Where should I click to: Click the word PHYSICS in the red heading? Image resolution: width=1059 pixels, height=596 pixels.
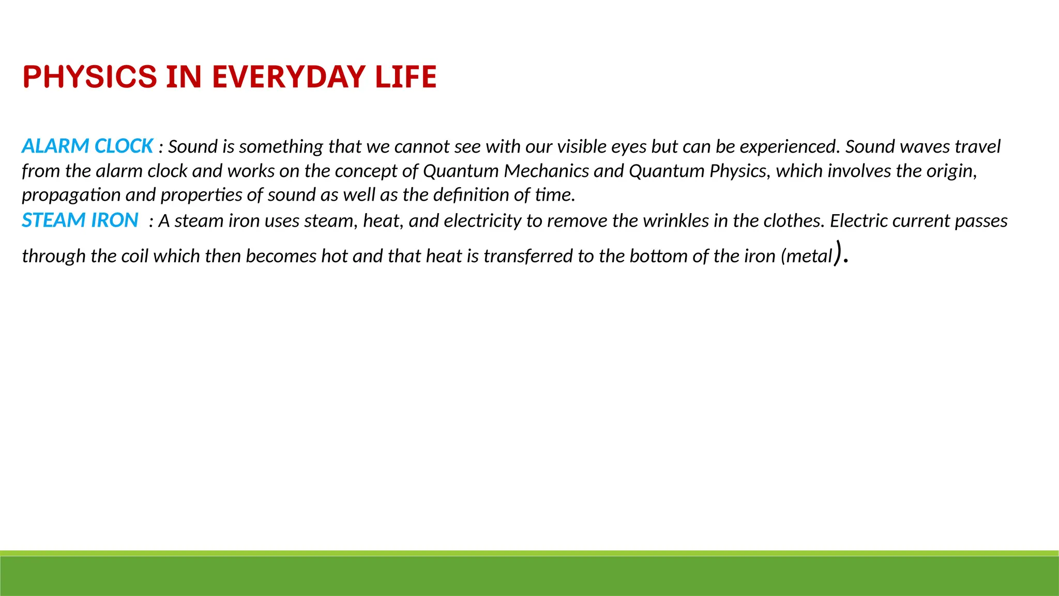pos(89,77)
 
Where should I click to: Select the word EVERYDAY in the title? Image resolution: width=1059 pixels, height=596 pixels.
pos(289,77)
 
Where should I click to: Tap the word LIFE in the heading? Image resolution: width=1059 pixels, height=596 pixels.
pos(406,77)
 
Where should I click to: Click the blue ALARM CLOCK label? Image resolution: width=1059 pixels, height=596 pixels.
pos(87,146)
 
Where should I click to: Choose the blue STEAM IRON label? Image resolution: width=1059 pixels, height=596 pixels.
pos(80,220)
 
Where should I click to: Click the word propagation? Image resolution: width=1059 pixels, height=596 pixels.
pos(71,195)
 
